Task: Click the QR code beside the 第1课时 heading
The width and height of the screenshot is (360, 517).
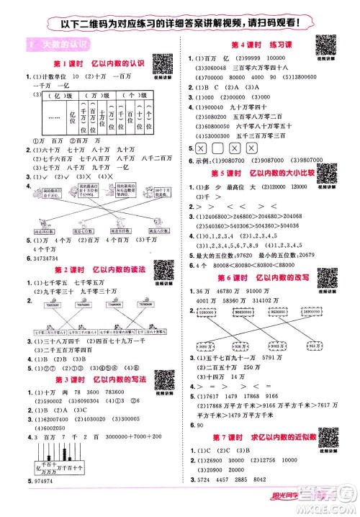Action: tap(165, 62)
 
